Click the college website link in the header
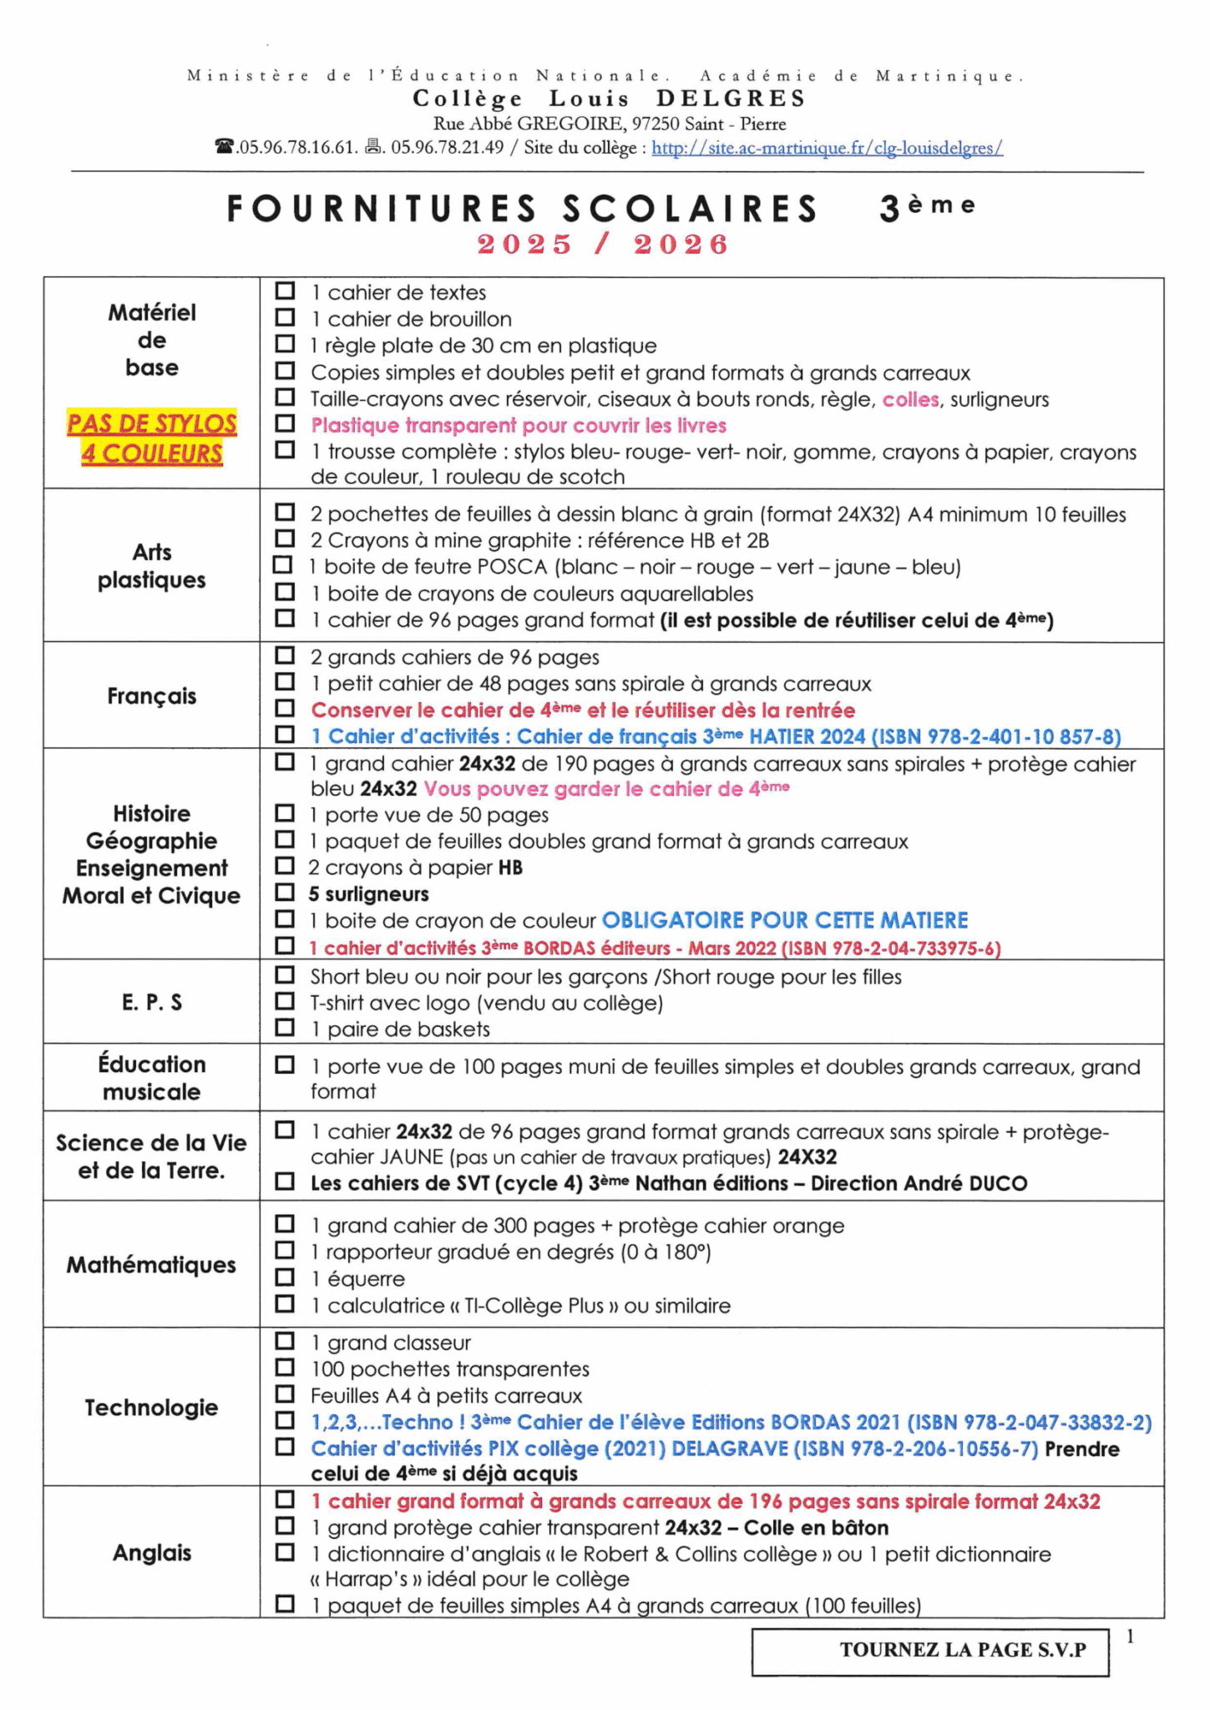click(827, 148)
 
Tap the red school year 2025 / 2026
click(603, 244)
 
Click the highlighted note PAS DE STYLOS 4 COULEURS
click(152, 438)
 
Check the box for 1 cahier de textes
click(286, 291)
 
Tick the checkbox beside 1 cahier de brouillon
click(286, 318)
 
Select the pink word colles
click(910, 399)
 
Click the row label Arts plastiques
click(151, 566)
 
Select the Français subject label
click(151, 696)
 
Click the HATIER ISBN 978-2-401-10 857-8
click(995, 736)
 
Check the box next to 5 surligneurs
click(286, 893)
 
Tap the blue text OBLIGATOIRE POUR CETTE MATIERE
click(785, 920)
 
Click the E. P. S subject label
click(151, 1002)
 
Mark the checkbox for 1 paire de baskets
click(286, 1028)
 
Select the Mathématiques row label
click(151, 1265)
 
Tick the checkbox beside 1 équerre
click(286, 1277)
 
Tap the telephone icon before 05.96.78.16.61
click(225, 147)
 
